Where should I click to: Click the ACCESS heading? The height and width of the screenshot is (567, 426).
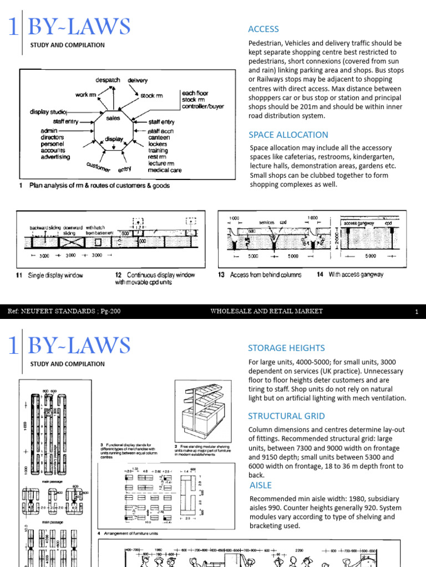263,29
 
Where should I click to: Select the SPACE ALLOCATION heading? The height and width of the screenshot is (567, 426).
288,135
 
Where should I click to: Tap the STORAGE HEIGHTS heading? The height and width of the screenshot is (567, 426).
286,348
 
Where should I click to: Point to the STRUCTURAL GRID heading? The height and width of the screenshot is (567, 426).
286,416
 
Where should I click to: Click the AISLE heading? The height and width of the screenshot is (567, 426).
260,485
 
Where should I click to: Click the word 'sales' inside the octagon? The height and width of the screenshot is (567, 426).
114,118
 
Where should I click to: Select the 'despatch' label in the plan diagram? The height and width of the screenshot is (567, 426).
108,80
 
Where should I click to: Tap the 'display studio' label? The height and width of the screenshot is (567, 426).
49,112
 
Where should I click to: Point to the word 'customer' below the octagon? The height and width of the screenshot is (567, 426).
98,166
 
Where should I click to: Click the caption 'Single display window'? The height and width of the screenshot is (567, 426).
55,275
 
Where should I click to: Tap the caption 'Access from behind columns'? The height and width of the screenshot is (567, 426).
266,275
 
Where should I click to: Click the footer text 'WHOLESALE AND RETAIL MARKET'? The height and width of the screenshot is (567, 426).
266,312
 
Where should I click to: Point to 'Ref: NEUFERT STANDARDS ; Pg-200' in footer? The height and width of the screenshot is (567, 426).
64,312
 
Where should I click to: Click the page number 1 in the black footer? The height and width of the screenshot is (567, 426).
416,312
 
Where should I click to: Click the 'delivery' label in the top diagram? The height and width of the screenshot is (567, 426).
138,80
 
